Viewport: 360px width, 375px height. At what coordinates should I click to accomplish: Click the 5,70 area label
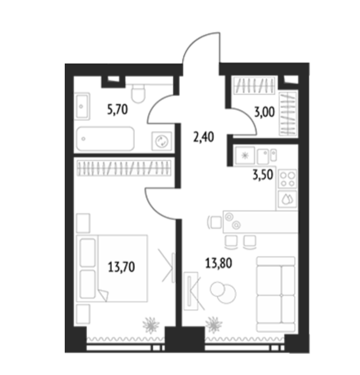pos(117,110)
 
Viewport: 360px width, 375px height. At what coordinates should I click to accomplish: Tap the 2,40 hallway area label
pos(204,137)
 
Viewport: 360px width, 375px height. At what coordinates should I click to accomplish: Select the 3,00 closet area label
pos(264,112)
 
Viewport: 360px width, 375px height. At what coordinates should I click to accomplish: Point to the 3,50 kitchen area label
pos(262,175)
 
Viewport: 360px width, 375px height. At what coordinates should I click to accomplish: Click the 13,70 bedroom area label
pos(122,267)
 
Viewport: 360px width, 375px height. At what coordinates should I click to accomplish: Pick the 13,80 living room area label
pos(219,264)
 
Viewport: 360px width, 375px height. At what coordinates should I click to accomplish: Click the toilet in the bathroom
pos(138,94)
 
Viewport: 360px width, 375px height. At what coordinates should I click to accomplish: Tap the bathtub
pos(105,139)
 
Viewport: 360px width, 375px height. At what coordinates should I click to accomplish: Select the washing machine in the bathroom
pos(161,141)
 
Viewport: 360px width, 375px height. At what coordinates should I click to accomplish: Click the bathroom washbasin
pos(82,107)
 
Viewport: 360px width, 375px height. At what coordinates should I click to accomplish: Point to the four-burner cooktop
pos(288,179)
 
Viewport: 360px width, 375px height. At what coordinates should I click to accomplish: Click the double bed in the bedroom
pos(112,268)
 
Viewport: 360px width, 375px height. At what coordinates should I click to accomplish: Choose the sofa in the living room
pos(275,295)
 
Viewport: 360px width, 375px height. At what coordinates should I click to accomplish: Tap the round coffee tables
pos(223,292)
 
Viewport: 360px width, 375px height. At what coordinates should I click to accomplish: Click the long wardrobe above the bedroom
pos(124,168)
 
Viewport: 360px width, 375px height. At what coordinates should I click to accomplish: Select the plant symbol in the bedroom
pos(151,325)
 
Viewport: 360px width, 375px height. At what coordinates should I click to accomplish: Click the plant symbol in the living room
pos(214,325)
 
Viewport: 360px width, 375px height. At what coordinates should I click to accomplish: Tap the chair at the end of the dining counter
pos(215,222)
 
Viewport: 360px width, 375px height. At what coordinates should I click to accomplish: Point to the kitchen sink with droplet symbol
pos(288,199)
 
